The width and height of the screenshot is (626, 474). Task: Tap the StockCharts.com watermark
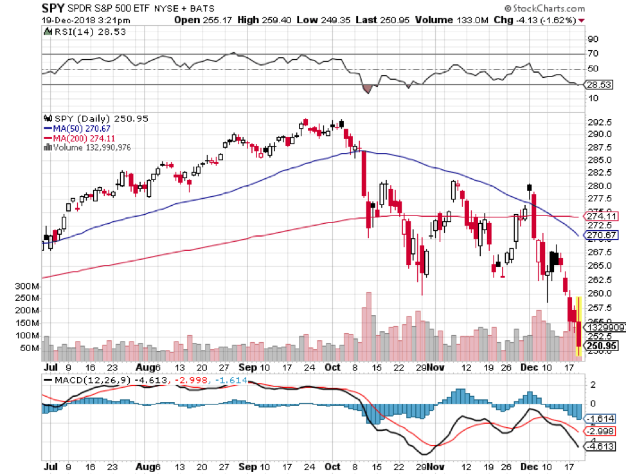[546, 8]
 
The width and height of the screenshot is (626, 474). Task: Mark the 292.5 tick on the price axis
[596, 122]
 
